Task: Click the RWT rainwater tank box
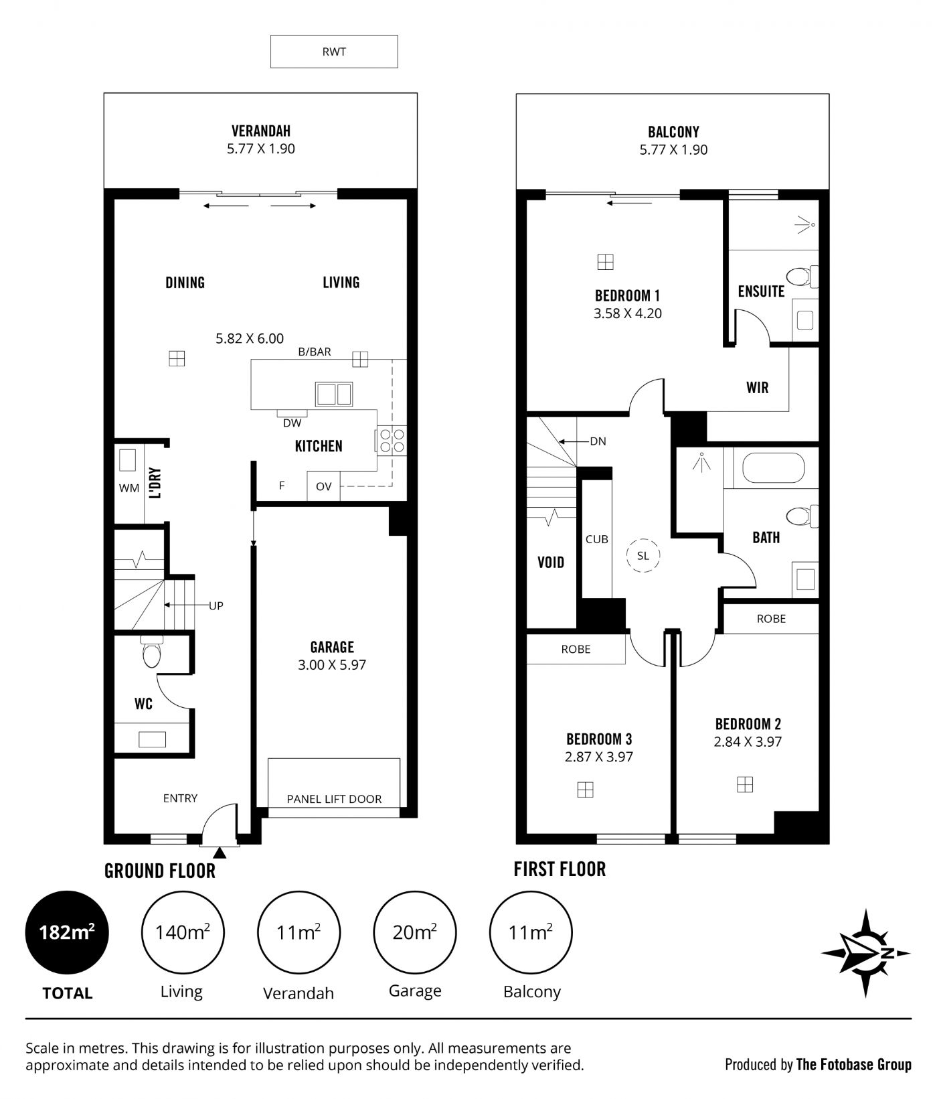point(334,52)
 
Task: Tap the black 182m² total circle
point(66,932)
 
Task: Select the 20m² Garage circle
point(415,932)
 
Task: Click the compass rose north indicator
point(866,953)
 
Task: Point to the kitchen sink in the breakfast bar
point(334,394)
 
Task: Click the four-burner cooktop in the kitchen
point(392,441)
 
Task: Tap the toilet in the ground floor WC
point(152,652)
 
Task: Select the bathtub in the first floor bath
point(773,468)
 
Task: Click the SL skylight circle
point(643,556)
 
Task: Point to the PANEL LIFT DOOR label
point(334,799)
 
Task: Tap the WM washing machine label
point(129,488)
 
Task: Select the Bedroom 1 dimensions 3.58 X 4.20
point(628,313)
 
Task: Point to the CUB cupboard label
point(596,539)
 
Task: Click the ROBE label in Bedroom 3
point(576,649)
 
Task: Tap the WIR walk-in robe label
point(758,388)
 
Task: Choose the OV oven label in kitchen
point(323,486)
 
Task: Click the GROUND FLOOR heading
point(160,871)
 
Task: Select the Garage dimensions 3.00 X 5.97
point(332,665)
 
